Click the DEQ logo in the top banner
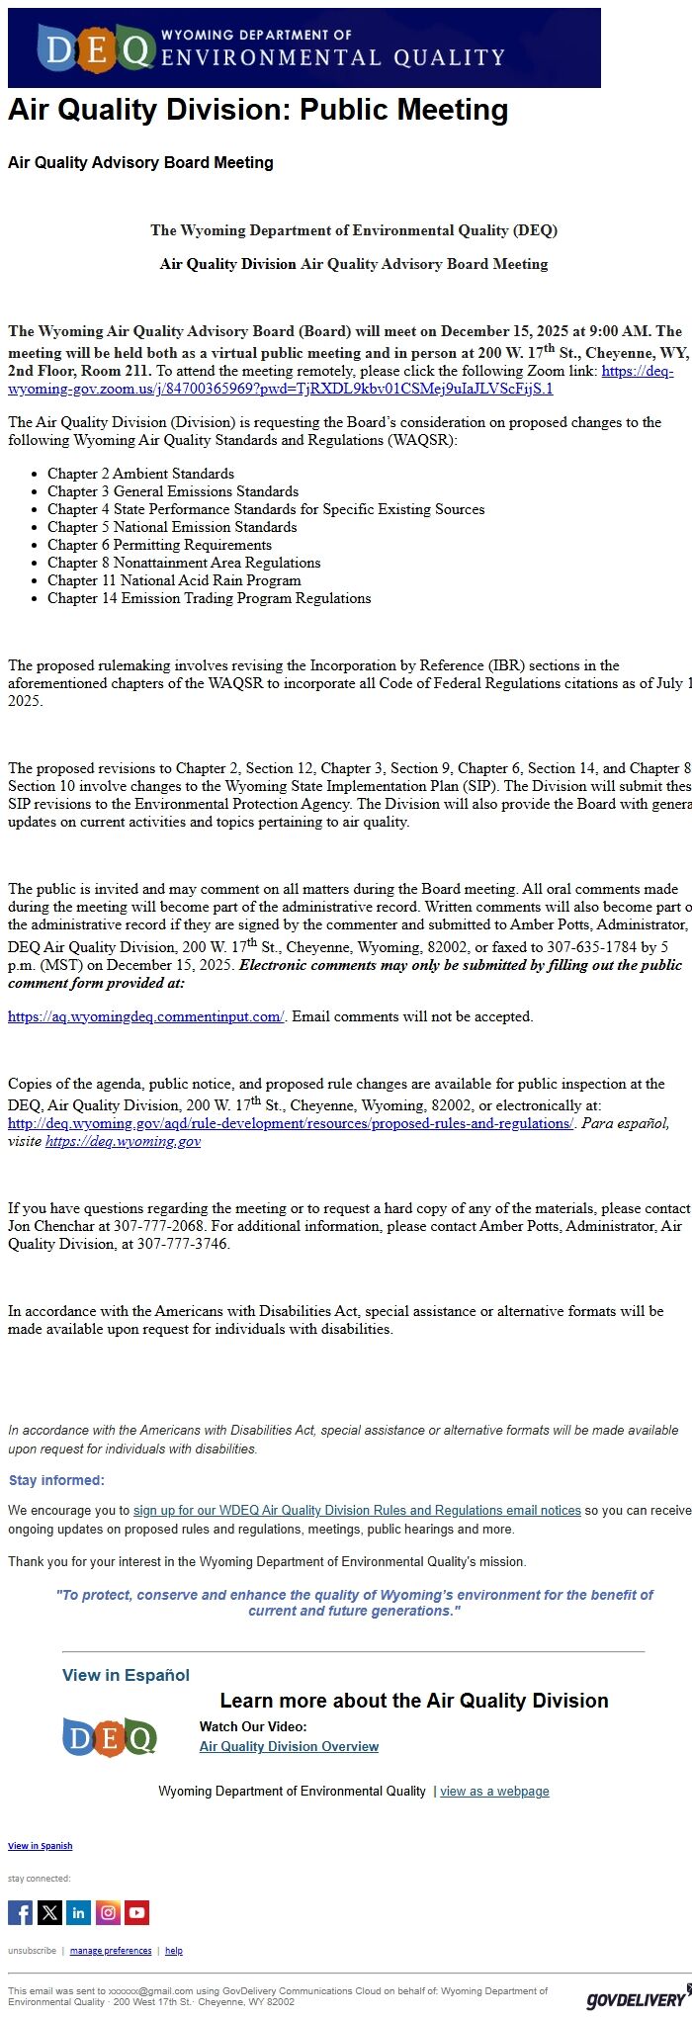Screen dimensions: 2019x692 click(96, 48)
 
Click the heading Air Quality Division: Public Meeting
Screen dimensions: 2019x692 click(258, 110)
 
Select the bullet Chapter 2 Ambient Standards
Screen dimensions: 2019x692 click(140, 474)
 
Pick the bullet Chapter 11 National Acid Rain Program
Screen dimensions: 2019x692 click(174, 580)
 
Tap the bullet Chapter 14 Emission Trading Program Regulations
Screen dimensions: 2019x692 click(209, 598)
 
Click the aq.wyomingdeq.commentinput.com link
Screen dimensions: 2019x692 click(145, 1016)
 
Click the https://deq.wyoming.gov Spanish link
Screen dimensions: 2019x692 click(123, 1141)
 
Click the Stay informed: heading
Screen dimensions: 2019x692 click(56, 1480)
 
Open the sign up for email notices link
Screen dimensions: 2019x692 click(357, 1510)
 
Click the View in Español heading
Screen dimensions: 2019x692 click(126, 1675)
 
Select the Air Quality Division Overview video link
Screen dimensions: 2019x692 click(289, 1746)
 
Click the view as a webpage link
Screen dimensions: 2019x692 click(494, 1791)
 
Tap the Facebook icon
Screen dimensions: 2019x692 click(20, 1912)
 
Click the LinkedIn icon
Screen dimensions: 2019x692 click(79, 1912)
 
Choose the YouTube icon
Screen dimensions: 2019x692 click(137, 1912)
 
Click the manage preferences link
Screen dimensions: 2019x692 click(111, 1951)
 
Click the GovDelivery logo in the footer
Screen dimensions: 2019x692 click(637, 1999)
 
